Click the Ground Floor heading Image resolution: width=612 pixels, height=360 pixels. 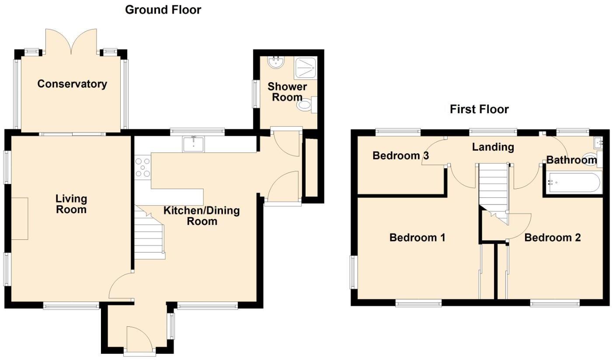point(163,10)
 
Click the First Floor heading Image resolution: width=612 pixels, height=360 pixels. point(479,109)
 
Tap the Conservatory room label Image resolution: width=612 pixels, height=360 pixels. point(72,84)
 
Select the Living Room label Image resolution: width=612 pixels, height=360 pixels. point(71,204)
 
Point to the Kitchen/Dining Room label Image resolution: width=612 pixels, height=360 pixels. point(202,216)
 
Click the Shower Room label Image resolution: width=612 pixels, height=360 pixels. point(287,92)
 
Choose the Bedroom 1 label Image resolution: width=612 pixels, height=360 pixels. point(417,238)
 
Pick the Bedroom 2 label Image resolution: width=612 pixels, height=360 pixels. point(552,238)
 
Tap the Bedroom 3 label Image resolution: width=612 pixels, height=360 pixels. point(400,156)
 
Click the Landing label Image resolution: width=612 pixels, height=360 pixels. point(493,147)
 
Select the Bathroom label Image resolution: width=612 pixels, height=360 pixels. point(571,160)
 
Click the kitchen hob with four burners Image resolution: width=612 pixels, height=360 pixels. point(143,167)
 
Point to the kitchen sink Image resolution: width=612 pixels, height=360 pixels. point(193,144)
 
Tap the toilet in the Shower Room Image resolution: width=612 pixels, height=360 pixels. point(305,105)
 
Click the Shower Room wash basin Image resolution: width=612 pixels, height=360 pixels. point(276,62)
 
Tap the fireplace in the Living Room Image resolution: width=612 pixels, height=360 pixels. point(20,218)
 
